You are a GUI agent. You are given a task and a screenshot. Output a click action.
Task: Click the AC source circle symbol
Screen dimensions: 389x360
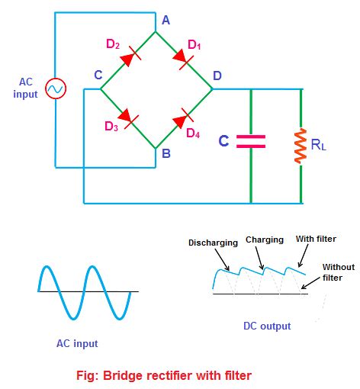point(55,89)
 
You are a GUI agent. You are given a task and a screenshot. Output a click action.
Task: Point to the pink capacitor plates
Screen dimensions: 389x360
point(250,140)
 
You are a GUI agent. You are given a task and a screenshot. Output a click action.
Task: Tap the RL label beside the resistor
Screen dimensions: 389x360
point(318,143)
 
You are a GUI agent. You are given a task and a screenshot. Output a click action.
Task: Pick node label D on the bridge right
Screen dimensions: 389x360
point(218,76)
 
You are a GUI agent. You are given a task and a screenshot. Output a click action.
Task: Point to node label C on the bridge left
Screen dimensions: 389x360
point(98,76)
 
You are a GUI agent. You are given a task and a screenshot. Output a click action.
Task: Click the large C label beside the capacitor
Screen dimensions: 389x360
point(223,141)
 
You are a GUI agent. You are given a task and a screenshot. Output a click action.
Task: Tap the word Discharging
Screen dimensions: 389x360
point(213,243)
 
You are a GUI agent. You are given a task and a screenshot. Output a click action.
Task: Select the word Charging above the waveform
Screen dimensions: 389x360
point(265,239)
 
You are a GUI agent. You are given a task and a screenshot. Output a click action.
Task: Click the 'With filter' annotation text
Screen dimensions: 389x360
point(317,239)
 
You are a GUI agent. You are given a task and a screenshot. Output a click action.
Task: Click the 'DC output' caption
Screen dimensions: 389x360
point(266,326)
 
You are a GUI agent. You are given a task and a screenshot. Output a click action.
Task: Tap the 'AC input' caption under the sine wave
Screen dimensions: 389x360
point(77,343)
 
